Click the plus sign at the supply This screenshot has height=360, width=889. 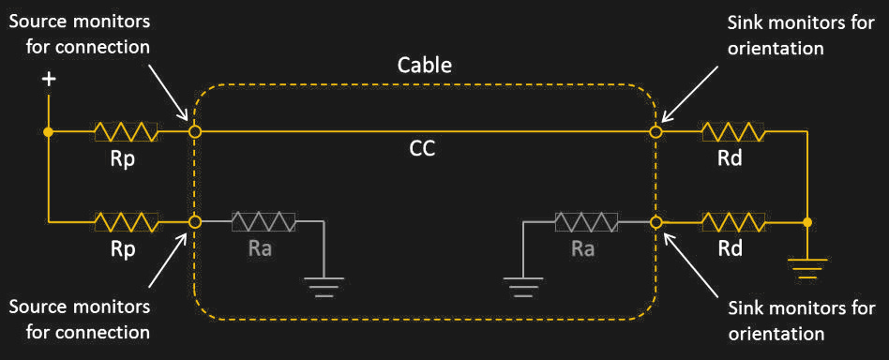(49, 81)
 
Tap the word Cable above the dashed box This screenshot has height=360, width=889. (424, 66)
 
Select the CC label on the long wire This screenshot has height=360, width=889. (422, 148)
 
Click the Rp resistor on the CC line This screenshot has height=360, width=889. (126, 132)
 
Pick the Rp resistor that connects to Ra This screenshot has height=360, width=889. (126, 222)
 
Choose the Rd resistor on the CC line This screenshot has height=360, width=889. (733, 132)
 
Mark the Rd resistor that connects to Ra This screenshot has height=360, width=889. (733, 222)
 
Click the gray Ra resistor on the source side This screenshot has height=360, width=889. (264, 222)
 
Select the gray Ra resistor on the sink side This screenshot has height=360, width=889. (586, 222)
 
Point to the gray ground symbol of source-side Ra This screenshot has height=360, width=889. (324, 284)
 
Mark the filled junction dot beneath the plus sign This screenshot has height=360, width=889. (49, 132)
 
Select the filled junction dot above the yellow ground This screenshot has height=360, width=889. (806, 222)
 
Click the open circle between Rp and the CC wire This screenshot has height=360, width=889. (194, 132)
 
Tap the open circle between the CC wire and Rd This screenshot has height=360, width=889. (656, 132)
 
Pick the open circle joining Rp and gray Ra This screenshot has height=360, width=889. (194, 222)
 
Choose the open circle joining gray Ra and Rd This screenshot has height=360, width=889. (656, 222)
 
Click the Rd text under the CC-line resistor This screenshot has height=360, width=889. (730, 158)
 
